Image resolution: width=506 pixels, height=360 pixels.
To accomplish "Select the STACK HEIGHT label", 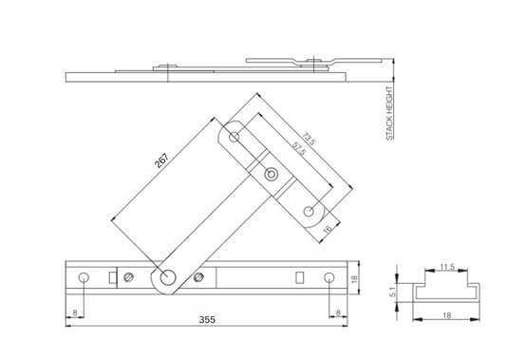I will point(389,114).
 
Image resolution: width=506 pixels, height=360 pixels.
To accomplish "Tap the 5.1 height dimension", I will point(395,294).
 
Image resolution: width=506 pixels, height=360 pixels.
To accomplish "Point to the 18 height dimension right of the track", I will point(355,278).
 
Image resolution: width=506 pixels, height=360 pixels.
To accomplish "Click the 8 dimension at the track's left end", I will point(75,313).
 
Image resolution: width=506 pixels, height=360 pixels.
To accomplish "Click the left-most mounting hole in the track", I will point(84,277).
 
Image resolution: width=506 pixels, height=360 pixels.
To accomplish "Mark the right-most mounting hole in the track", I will point(328,277).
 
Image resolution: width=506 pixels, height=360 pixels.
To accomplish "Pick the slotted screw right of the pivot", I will point(198,277).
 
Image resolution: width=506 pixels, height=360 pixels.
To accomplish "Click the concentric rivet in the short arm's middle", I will point(272,174).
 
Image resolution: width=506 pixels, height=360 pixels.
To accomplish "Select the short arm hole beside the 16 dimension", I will point(309,211).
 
